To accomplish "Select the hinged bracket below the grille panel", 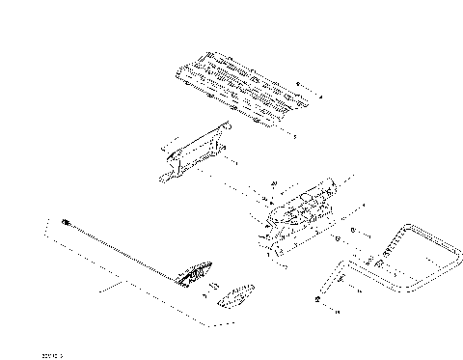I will coord(199,153).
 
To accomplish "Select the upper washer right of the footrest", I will coord(353,230).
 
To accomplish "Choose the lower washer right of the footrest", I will coord(339,237).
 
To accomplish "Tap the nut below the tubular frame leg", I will coord(317,302).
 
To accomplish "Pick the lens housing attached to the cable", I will coord(197,275).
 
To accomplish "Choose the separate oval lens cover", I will coord(237,295).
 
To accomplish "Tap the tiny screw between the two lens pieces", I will coord(215,287).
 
